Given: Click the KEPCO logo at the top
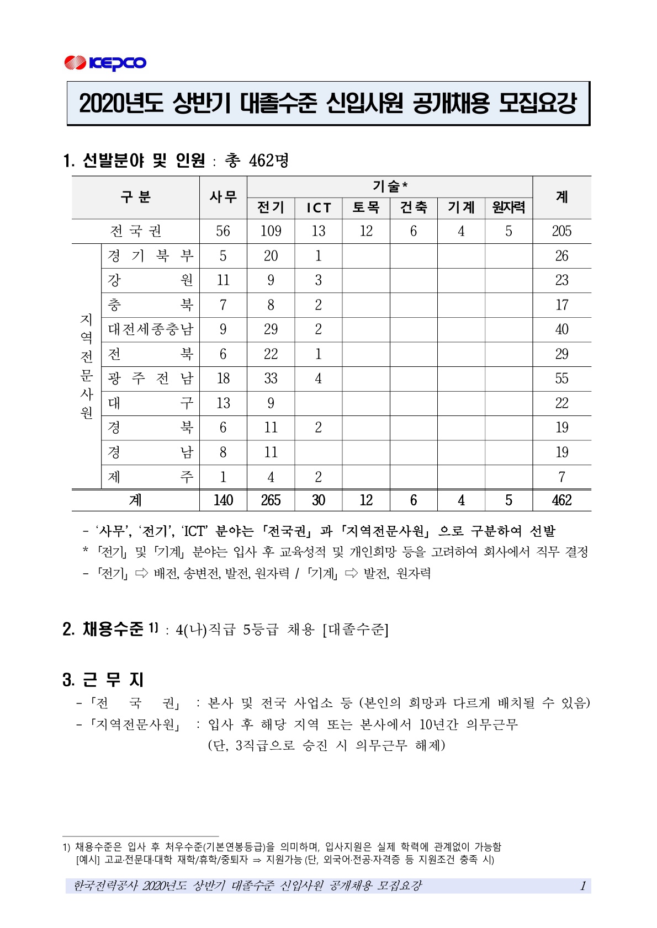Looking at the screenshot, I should [105, 63].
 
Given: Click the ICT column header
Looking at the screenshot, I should [319, 207].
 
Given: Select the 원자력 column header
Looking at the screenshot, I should [508, 207].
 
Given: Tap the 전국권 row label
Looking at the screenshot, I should [135, 231].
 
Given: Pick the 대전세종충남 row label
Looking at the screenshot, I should [151, 329].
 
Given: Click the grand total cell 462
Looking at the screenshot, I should [561, 500].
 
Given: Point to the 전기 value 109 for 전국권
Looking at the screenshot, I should [271, 231].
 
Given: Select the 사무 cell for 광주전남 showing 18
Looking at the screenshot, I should [223, 378].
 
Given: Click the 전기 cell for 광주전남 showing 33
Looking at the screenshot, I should [271, 378].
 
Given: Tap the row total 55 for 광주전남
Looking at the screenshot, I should [561, 378].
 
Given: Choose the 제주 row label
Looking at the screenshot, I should [151, 477].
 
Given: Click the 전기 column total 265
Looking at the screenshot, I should [271, 500].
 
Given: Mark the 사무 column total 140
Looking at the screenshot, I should [223, 500].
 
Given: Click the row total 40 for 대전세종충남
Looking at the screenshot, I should [561, 329].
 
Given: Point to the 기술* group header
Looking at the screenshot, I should [390, 186].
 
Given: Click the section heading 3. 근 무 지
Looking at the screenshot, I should [103, 679].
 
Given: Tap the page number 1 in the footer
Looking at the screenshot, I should [582, 886].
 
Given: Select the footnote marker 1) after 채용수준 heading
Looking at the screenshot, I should [153, 627].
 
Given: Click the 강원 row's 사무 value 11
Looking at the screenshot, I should [223, 280].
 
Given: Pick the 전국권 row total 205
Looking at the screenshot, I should [561, 231].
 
